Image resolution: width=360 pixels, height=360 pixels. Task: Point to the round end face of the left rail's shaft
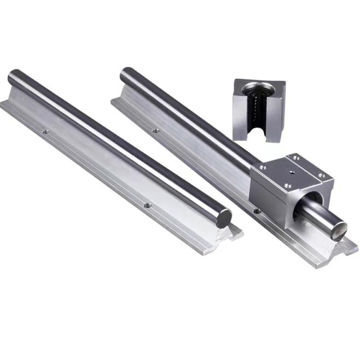point(224,217)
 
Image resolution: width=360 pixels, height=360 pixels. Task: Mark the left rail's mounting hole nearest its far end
point(46,131)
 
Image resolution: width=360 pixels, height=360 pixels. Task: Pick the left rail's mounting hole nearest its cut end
point(147,205)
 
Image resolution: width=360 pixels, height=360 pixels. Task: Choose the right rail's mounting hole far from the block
point(155,130)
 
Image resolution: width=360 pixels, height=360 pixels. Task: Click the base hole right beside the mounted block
point(255,210)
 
